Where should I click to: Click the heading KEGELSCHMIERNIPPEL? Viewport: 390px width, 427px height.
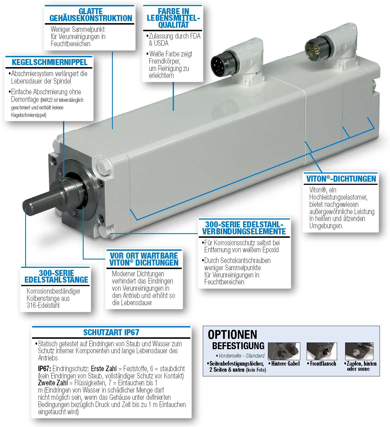click(49, 62)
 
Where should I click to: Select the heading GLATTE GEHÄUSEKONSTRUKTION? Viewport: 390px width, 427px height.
click(91, 15)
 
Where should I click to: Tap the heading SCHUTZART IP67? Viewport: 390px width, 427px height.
click(111, 332)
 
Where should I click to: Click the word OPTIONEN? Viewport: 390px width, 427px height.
click(233, 335)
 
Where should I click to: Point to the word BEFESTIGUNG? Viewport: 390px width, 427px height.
click(238, 346)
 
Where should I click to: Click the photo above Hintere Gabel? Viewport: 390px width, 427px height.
click(284, 351)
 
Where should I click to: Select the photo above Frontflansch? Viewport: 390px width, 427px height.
click(322, 351)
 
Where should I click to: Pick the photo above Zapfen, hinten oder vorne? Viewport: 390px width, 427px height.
click(359, 351)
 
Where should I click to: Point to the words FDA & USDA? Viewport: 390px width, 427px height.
click(174, 39)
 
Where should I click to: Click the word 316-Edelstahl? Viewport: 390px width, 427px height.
click(43, 305)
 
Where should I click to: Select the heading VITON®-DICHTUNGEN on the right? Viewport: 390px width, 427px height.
click(341, 179)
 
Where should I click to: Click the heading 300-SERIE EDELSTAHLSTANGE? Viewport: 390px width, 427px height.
click(56, 276)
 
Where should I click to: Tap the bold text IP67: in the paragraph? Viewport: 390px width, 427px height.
click(45, 369)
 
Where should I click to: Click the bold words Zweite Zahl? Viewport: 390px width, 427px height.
click(53, 383)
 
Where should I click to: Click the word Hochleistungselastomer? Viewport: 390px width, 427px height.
click(338, 197)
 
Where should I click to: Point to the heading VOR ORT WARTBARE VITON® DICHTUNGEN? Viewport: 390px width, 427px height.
click(144, 259)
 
